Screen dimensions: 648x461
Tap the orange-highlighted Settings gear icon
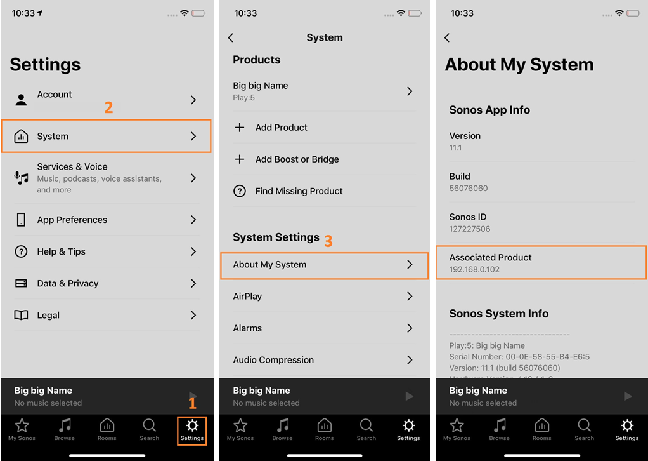click(x=192, y=425)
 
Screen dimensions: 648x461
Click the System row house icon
click(x=21, y=136)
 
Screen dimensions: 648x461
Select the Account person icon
click(x=21, y=100)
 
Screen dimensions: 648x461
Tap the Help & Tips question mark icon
click(x=21, y=251)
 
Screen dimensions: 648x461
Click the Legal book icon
click(x=21, y=316)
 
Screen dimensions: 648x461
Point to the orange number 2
click(x=108, y=107)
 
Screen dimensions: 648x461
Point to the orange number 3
click(x=328, y=241)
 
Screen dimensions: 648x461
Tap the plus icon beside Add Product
click(x=240, y=128)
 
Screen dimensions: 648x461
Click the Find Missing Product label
click(x=299, y=191)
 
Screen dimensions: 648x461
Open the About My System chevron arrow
click(x=410, y=264)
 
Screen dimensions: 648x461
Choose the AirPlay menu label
click(x=247, y=297)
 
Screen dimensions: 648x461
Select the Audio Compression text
click(x=273, y=360)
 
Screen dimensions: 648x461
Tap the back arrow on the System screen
click(x=231, y=37)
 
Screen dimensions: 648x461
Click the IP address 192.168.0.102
click(x=474, y=269)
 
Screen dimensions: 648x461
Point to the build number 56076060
click(x=469, y=189)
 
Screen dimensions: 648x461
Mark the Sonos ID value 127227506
click(x=470, y=229)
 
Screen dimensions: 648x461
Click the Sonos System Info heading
click(x=499, y=314)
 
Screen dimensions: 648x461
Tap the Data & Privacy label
click(x=68, y=283)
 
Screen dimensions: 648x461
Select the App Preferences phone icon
click(x=21, y=220)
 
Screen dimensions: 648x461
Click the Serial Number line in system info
click(x=519, y=357)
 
